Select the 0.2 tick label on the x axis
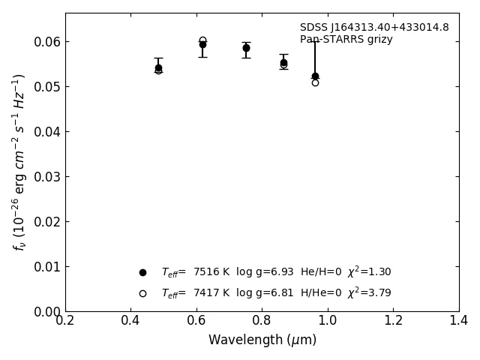tap(65, 321)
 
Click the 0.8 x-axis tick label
tap(262, 321)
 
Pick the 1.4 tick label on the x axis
tap(458, 321)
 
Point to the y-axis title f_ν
tap(19, 161)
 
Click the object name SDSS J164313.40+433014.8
tap(374, 28)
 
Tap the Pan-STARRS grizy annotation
tap(346, 39)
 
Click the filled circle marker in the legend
tap(142, 272)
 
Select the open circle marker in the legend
tap(142, 293)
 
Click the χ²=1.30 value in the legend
tap(369, 271)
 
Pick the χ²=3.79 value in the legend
tap(369, 292)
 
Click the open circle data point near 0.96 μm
tap(315, 82)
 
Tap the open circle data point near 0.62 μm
tap(202, 40)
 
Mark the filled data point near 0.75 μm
tap(246, 48)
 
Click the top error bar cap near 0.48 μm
tap(158, 58)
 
